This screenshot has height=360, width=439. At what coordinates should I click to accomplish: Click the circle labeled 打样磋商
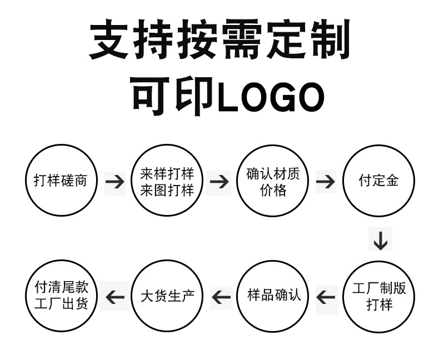pyautogui.click(x=61, y=181)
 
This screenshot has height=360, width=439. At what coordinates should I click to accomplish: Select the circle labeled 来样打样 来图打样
pyautogui.click(x=167, y=181)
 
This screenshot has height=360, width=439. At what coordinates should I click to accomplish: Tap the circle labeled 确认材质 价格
pyautogui.click(x=273, y=181)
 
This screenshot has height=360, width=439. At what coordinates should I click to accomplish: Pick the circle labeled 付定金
pyautogui.click(x=379, y=181)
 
